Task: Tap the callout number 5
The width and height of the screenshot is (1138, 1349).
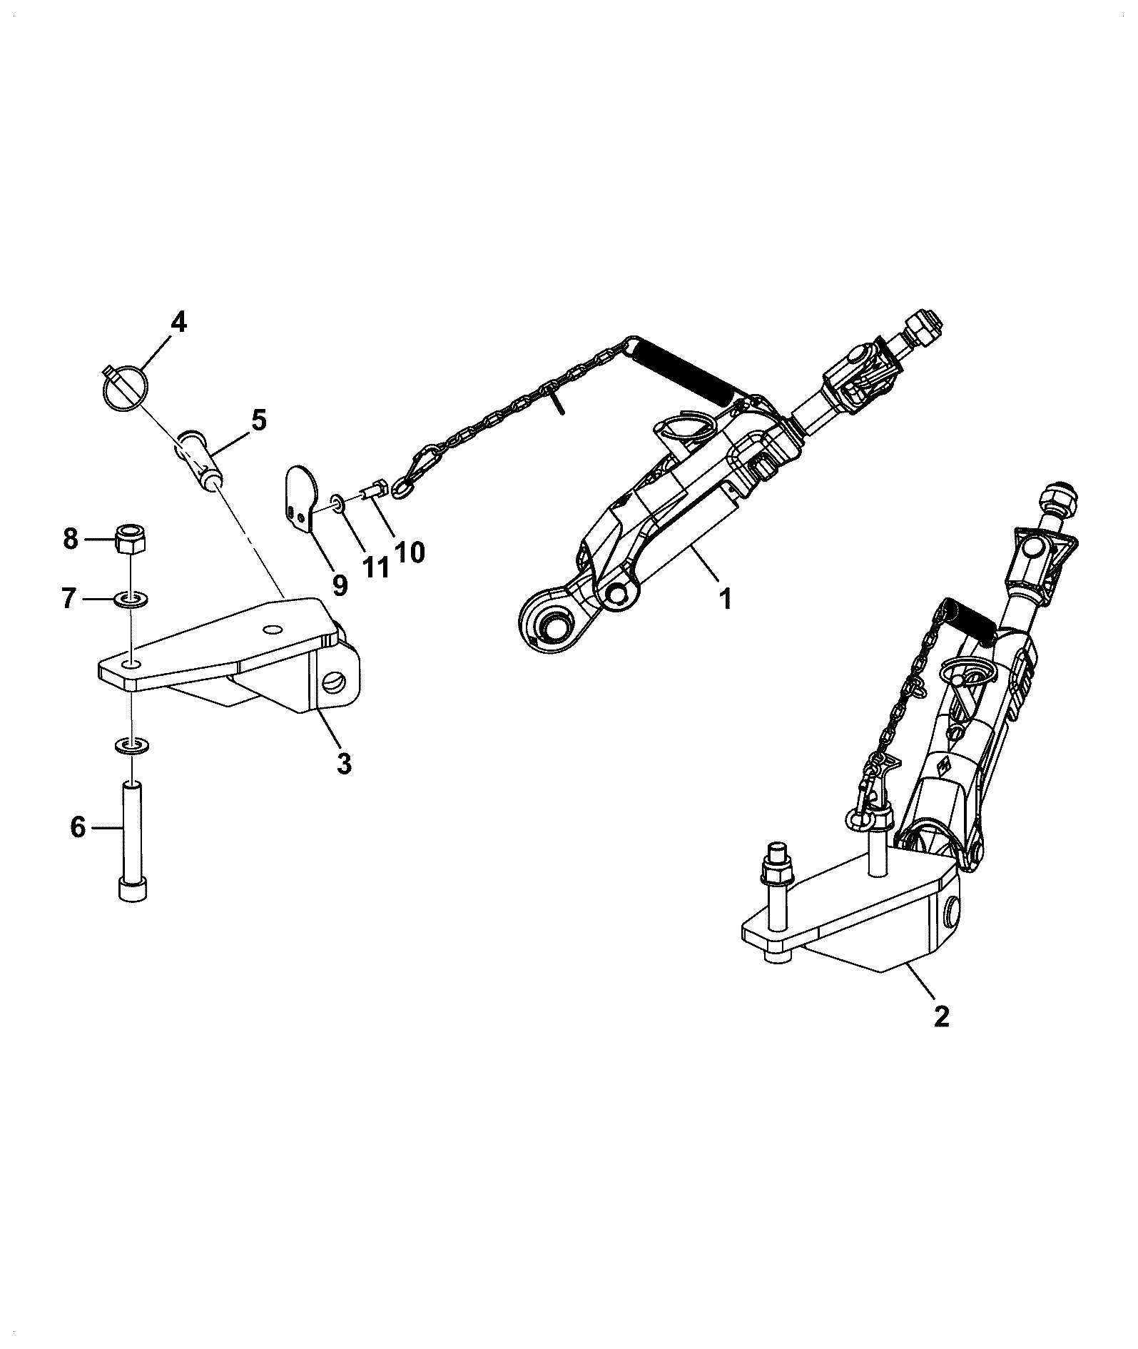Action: pos(258,420)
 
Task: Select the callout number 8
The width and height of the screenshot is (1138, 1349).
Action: pos(71,539)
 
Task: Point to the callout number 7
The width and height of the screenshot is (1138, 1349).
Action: pos(69,597)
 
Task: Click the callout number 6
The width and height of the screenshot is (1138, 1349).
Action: pos(78,828)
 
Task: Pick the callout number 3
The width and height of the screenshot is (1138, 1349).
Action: pos(344,764)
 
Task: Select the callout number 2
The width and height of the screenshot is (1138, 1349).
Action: pos(941,1015)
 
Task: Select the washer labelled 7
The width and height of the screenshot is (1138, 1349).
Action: pos(131,597)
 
